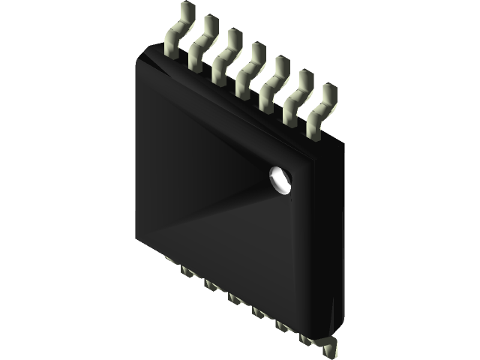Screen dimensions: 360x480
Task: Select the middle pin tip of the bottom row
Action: point(235,298)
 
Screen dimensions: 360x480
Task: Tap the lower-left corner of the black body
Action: point(139,241)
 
